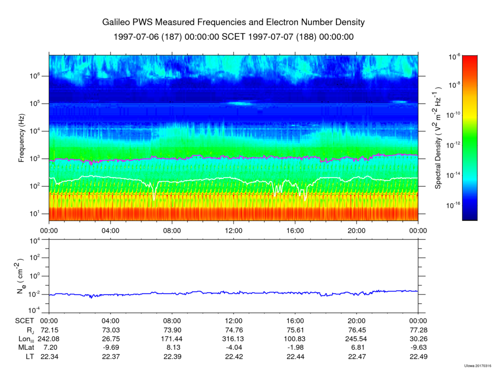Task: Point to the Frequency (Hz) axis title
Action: click(x=21, y=138)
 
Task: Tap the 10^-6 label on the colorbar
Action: click(x=454, y=57)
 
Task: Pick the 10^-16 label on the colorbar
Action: click(x=453, y=205)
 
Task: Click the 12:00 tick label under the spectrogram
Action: click(x=234, y=231)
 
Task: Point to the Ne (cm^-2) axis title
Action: click(x=21, y=276)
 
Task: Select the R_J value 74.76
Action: click(x=234, y=330)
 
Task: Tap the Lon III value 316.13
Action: click(x=234, y=339)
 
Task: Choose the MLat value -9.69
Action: click(x=111, y=348)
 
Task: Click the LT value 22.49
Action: click(x=418, y=356)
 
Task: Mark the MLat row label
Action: click(x=26, y=348)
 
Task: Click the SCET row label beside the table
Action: click(x=25, y=321)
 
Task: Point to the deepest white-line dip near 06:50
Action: click(x=154, y=200)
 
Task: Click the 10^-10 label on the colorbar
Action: click(x=453, y=115)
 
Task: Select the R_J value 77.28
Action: click(x=418, y=330)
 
